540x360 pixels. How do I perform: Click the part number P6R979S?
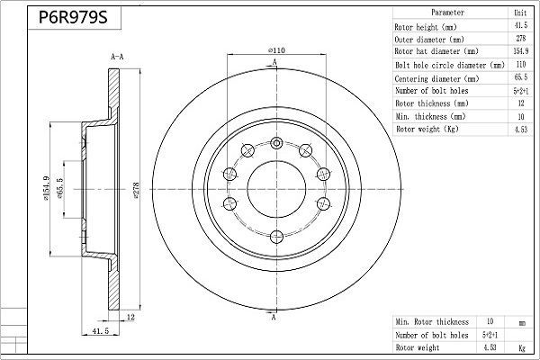68,17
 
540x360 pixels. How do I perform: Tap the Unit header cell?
518,14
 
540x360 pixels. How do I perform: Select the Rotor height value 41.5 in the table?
518,27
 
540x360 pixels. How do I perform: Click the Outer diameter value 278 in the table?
518,40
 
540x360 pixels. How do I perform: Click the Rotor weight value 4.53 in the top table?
518,130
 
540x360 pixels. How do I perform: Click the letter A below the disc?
273,318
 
